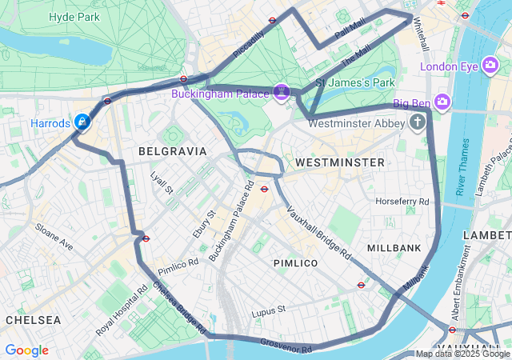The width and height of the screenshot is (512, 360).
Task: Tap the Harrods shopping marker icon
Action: [82, 122]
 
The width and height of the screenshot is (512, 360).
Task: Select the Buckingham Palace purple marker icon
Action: [281, 93]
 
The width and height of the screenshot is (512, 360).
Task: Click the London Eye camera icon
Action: [490, 66]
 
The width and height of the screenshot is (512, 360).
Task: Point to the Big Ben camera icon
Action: [442, 102]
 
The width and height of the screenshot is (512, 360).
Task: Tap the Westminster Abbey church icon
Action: [417, 122]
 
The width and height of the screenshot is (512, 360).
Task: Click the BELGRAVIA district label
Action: [172, 151]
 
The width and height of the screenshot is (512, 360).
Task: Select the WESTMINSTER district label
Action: [340, 162]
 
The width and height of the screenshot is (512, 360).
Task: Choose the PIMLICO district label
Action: [295, 263]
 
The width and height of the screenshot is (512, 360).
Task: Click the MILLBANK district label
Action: [394, 248]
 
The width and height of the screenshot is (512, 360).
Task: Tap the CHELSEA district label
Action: [33, 320]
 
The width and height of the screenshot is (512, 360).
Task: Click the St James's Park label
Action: [356, 82]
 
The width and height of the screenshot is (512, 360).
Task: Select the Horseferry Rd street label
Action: [402, 201]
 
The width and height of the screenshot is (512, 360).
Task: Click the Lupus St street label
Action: [268, 310]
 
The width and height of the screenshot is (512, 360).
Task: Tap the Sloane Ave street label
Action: [54, 237]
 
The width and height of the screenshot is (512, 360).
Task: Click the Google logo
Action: [26, 350]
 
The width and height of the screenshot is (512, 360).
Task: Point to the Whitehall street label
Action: [420, 36]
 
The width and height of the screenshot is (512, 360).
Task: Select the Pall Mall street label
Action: [350, 33]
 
